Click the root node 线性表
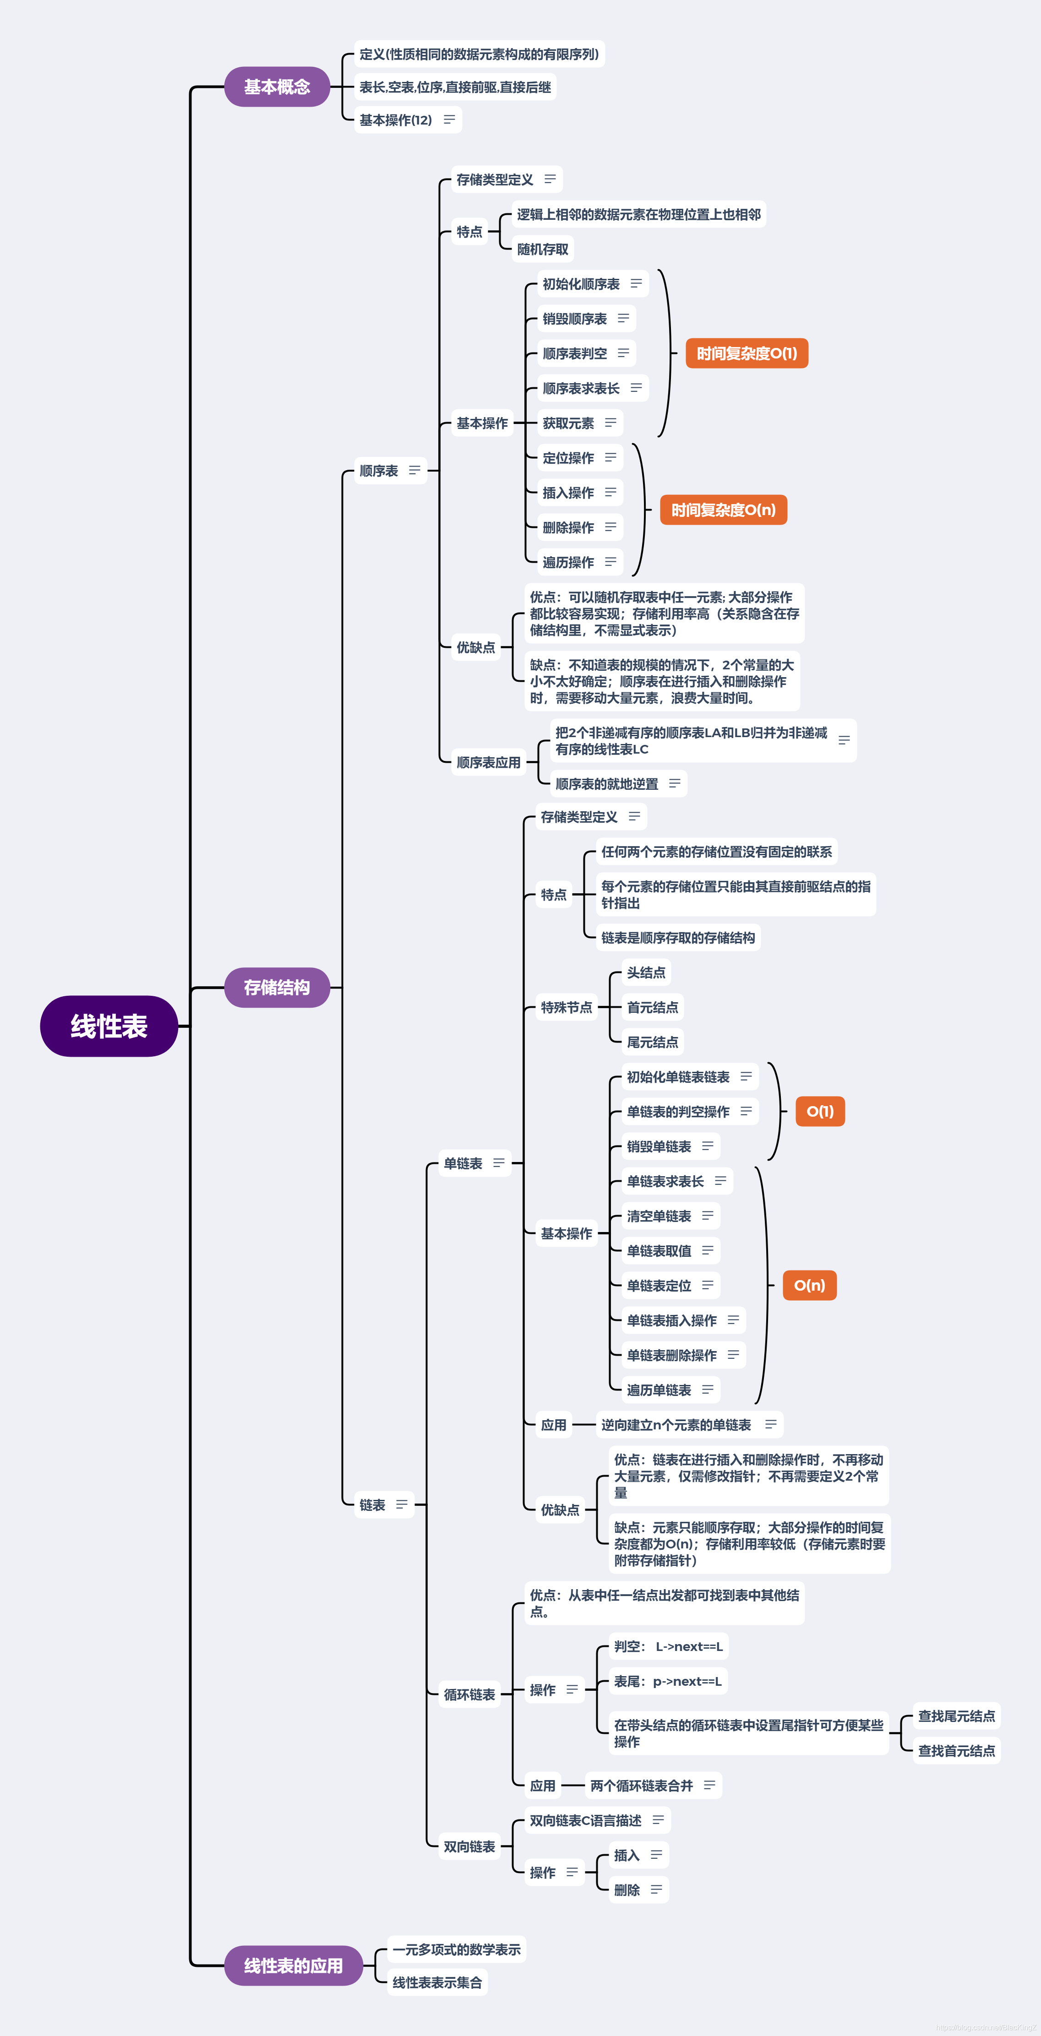(x=109, y=1026)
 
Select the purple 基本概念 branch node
(x=277, y=87)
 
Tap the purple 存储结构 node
(x=277, y=987)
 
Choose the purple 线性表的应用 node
(x=293, y=1965)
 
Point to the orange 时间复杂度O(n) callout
(x=723, y=510)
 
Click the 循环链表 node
(x=469, y=1694)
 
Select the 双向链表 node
(x=469, y=1846)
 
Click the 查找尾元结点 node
(x=956, y=1716)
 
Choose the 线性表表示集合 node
(x=437, y=1982)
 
